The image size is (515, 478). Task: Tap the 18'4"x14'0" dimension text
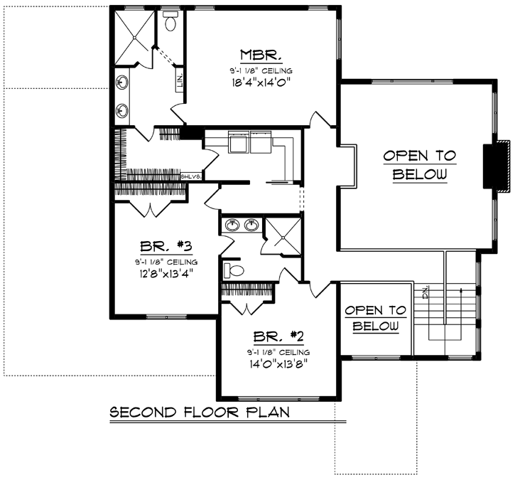coord(261,83)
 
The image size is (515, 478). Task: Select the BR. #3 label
coord(163,248)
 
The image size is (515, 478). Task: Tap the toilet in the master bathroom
coord(171,23)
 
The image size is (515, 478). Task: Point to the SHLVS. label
coord(192,176)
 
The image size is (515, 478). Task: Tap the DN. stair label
coord(425,292)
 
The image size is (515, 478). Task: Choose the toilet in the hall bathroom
coord(232,270)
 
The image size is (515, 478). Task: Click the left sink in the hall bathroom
coord(232,226)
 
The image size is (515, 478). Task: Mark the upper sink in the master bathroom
coord(123,83)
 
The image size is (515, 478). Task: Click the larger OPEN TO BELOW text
coord(419,164)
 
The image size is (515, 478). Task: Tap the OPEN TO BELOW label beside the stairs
coord(375,318)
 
